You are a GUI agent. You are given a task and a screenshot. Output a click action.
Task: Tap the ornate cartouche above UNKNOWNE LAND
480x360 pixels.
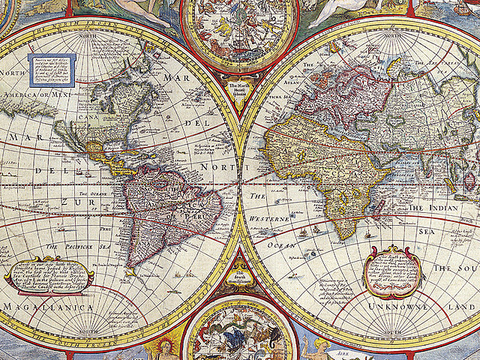click(x=392, y=272)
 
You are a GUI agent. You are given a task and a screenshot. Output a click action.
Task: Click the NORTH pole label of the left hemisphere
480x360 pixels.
click(x=88, y=35)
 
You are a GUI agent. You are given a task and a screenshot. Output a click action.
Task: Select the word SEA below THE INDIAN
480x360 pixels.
click(x=426, y=232)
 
